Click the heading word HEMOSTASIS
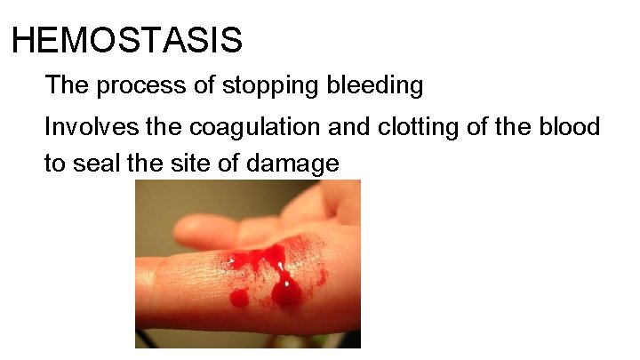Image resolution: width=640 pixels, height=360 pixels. (x=127, y=40)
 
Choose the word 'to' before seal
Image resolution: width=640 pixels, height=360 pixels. (x=56, y=164)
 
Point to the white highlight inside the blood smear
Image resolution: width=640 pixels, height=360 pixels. (x=281, y=266)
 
